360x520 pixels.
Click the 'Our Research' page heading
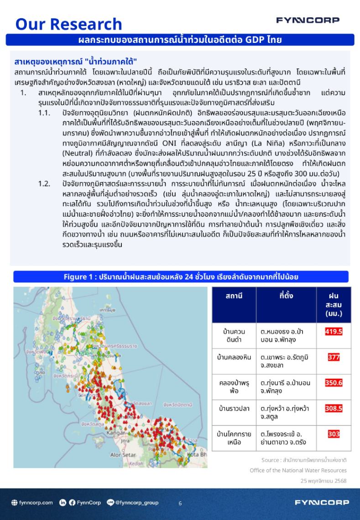click(x=69, y=24)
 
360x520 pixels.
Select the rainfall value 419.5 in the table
click(x=334, y=332)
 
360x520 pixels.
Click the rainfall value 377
click(x=334, y=357)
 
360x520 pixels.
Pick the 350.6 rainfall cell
click(x=334, y=383)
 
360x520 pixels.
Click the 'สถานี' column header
click(x=234, y=296)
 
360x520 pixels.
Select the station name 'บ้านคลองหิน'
click(x=234, y=357)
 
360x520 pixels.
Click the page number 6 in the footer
click(x=180, y=503)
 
